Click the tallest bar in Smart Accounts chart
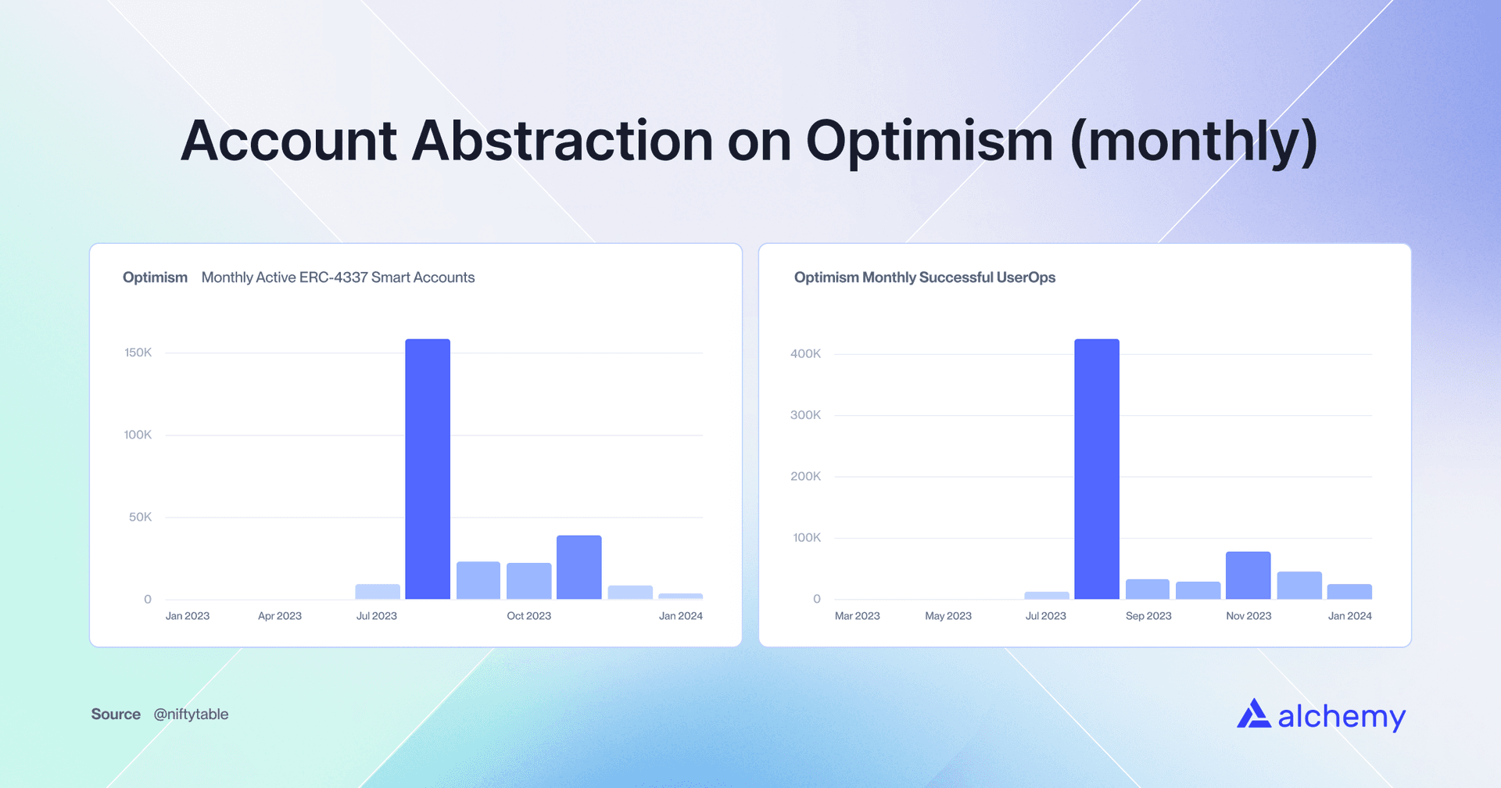[x=428, y=469]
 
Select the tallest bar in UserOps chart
[x=1097, y=469]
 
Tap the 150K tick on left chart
[x=138, y=353]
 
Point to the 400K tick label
[x=805, y=354]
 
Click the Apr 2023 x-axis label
[x=279, y=616]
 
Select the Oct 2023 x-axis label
[x=528, y=616]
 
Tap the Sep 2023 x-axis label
[x=1148, y=616]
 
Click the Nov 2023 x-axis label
[x=1248, y=616]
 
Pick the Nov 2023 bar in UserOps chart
[x=1248, y=575]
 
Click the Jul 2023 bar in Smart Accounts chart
[x=378, y=592]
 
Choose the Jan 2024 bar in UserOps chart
[x=1349, y=592]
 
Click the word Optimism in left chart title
[x=155, y=278]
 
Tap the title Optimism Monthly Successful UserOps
[x=924, y=278]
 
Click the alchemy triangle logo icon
[x=1253, y=714]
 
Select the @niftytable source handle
[x=191, y=715]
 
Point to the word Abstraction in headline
[x=562, y=141]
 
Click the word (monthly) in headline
[x=1193, y=141]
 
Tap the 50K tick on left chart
[x=141, y=518]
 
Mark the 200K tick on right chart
[x=805, y=477]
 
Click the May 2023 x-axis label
[x=948, y=616]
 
